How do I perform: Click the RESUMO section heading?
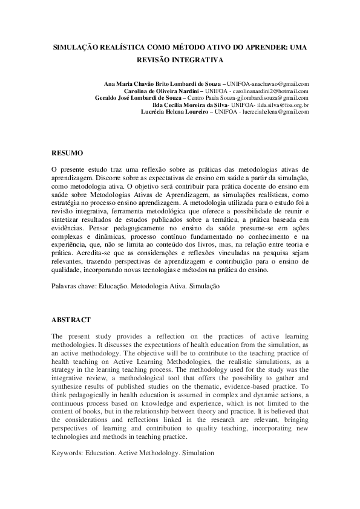coord(67,154)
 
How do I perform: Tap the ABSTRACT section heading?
coord(71,320)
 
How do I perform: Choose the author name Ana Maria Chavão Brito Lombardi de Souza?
coord(163,83)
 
